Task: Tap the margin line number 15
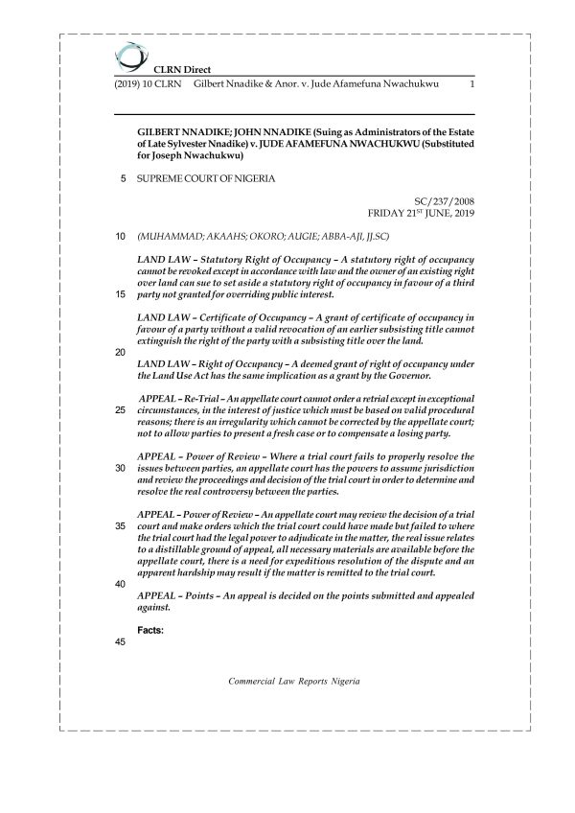pos(121,294)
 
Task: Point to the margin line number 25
pos(121,410)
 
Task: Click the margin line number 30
pos(121,468)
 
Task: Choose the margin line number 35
pos(121,526)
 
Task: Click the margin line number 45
pos(121,642)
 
